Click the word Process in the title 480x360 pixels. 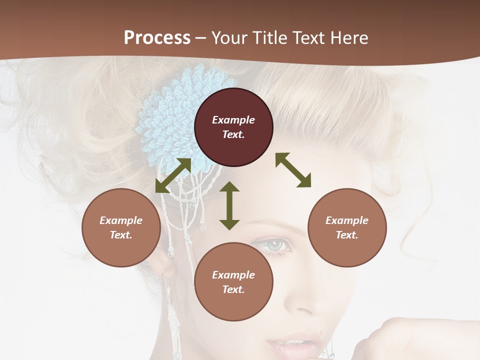[157, 38]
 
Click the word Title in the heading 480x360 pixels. [269, 38]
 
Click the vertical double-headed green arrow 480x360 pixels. [229, 205]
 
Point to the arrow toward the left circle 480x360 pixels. [173, 175]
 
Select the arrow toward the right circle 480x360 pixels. [293, 170]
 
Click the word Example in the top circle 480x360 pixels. [233, 120]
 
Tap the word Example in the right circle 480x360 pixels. [347, 220]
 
